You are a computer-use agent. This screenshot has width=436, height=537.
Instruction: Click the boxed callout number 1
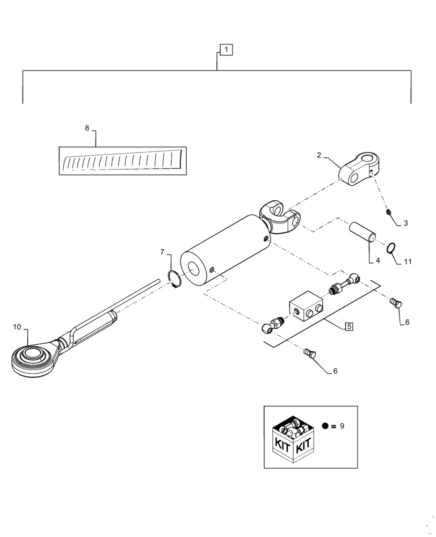coord(226,50)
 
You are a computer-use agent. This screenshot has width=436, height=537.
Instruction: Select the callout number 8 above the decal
coord(87,128)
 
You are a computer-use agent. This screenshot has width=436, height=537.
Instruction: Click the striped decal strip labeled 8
coord(122,161)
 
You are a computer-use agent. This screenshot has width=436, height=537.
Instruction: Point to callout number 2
coord(319,155)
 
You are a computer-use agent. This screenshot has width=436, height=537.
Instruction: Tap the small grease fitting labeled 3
coord(387,213)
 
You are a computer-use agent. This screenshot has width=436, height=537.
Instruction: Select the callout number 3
coord(405,222)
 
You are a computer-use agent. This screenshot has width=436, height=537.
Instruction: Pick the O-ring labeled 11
coord(392,248)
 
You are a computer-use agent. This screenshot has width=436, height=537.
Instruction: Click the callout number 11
coord(408,262)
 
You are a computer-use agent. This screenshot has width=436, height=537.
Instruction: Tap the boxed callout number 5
coord(349,326)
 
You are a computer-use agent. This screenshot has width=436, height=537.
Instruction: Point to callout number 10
coord(17,326)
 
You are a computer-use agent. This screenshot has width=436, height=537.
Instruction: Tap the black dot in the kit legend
coord(325,426)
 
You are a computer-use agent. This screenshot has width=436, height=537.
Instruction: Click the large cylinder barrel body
coord(226,250)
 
